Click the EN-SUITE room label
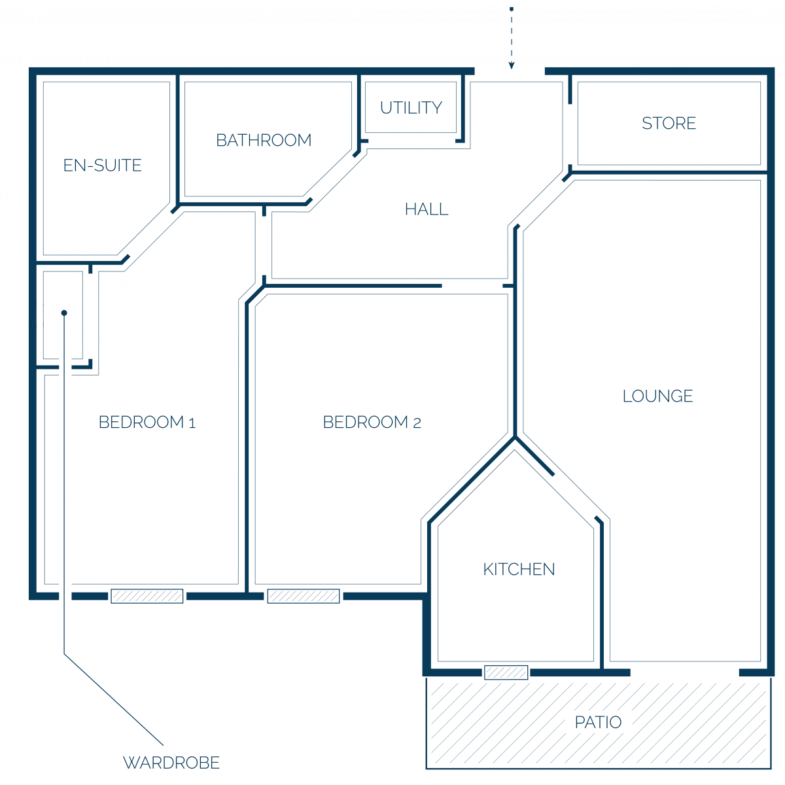[102, 166]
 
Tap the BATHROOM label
[264, 140]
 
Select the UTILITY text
[411, 107]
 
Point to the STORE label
[669, 123]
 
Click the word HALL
[426, 209]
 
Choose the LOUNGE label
[657, 396]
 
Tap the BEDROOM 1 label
[147, 422]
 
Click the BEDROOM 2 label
[372, 422]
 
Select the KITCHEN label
[519, 569]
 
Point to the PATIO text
[598, 722]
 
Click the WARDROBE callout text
[171, 763]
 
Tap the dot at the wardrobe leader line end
[64, 313]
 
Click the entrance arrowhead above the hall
[512, 65]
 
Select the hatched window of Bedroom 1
[147, 596]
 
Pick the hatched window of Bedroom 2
[303, 596]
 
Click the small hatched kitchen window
[506, 672]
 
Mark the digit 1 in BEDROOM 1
[192, 423]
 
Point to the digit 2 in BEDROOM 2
[417, 423]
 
